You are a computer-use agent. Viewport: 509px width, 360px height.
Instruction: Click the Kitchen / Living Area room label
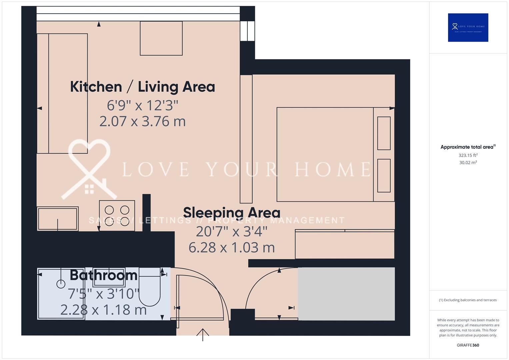(142, 87)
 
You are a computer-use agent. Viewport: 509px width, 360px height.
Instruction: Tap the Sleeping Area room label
(232, 213)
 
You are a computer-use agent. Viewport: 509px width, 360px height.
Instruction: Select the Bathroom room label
(104, 275)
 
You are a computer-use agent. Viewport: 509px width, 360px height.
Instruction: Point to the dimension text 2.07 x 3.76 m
(142, 121)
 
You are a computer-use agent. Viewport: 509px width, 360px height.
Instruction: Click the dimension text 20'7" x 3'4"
(232, 231)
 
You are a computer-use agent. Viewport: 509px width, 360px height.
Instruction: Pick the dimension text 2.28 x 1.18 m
(103, 310)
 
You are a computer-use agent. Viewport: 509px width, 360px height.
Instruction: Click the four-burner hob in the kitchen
(117, 216)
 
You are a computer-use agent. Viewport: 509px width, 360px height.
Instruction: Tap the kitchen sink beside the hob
(58, 219)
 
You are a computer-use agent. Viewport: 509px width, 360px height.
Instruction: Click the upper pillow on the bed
(384, 133)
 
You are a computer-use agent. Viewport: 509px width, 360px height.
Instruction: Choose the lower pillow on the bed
(384, 175)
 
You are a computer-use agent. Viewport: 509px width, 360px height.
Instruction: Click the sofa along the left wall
(62, 93)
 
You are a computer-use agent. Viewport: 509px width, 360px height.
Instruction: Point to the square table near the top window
(161, 38)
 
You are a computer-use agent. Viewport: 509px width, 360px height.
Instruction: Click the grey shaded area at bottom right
(346, 293)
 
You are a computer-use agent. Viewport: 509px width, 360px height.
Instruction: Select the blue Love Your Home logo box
(468, 27)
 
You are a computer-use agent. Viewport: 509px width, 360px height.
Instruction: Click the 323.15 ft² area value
(468, 155)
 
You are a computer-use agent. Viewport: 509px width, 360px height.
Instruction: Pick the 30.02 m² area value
(468, 163)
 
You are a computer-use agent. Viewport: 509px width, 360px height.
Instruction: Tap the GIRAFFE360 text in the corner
(468, 345)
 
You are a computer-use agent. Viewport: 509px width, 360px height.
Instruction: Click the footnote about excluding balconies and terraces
(468, 300)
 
